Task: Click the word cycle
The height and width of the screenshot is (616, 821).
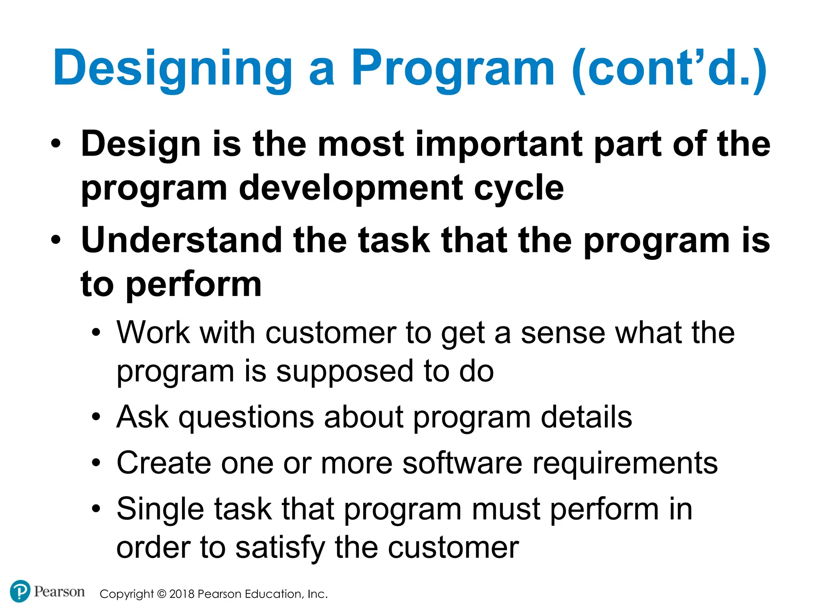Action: (519, 188)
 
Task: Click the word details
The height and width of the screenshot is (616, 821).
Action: (586, 417)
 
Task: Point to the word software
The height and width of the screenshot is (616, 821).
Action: (462, 463)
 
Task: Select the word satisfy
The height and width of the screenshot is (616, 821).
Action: (280, 548)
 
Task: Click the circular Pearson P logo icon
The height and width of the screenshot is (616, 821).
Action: (20, 591)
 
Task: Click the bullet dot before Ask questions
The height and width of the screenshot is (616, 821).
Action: (96, 417)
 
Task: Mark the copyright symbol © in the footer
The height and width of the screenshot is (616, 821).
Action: (161, 594)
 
